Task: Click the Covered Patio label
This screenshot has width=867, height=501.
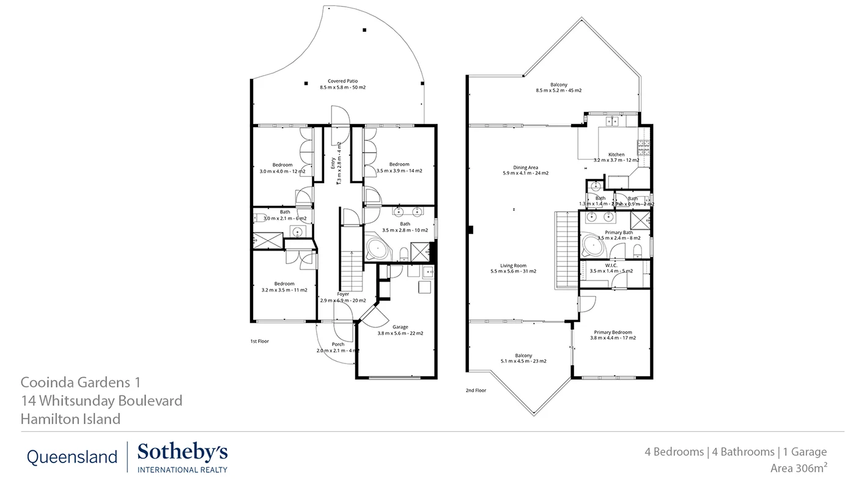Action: coord(342,84)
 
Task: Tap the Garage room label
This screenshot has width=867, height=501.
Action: coord(400,330)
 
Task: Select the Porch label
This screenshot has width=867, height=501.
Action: coord(338,347)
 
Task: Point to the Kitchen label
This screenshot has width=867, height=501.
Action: coord(616,157)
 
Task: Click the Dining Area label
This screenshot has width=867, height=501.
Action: coord(525,170)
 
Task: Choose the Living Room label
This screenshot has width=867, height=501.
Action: coord(513,268)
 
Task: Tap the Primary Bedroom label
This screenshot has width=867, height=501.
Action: coord(613,335)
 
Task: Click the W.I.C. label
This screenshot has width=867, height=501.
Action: coord(611,268)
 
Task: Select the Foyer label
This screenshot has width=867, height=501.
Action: coord(343,297)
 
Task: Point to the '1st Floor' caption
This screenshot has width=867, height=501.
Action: coord(259,342)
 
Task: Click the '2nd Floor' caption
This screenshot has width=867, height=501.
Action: coord(476,390)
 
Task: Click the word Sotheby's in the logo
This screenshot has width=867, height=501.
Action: coord(182,453)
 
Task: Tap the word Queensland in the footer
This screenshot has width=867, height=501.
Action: coord(72,457)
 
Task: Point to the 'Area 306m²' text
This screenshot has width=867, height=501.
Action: coord(799,469)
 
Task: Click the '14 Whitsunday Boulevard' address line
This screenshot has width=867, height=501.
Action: coord(101,401)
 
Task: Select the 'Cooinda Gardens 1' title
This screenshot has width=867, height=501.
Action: coord(81,382)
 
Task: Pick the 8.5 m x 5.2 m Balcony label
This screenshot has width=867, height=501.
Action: coord(558,87)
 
